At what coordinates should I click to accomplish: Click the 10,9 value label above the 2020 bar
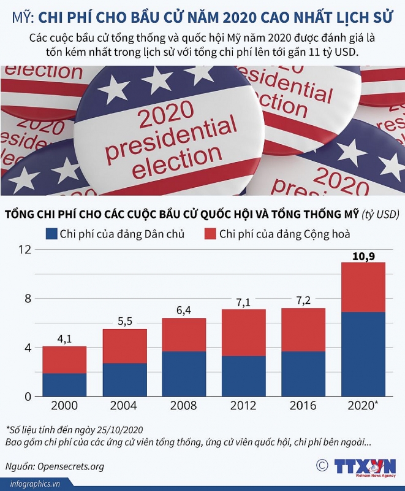(x=363, y=256)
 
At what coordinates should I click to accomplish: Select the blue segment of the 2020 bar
(x=363, y=354)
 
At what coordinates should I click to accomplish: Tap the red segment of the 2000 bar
(x=64, y=360)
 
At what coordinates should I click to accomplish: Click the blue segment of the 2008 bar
(x=184, y=374)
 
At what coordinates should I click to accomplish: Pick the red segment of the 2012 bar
(x=243, y=333)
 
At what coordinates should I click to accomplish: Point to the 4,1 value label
(x=64, y=339)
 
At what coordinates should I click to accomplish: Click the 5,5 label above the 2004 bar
(x=124, y=322)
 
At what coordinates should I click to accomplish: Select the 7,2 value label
(x=303, y=301)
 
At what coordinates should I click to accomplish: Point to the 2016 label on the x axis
(x=303, y=406)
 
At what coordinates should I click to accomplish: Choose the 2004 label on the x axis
(x=124, y=406)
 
